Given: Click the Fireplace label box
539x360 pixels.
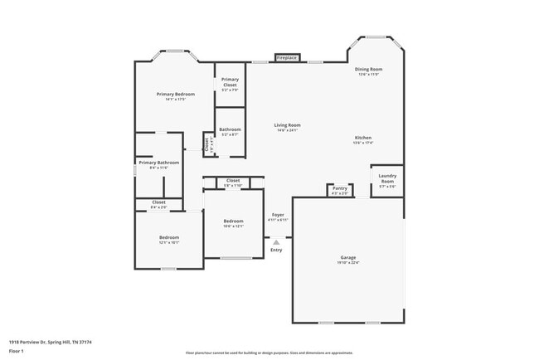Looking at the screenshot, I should [287, 58].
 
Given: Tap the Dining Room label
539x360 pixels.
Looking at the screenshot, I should [368, 70].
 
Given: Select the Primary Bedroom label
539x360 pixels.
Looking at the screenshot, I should [175, 95].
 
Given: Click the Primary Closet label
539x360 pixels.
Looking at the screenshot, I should [230, 82].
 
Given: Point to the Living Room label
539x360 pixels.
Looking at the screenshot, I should [287, 125].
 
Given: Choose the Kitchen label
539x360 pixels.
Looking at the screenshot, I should [363, 138].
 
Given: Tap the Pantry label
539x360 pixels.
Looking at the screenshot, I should [340, 188].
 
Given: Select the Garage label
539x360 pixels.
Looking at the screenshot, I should [348, 258].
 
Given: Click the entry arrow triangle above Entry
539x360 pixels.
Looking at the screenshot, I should [276, 242].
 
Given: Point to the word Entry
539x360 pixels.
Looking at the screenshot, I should [276, 250].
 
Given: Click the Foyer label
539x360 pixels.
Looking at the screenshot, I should [279, 215].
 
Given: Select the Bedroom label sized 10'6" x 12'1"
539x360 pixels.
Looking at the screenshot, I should [234, 221].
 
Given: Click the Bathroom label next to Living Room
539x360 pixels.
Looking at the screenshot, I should [230, 129].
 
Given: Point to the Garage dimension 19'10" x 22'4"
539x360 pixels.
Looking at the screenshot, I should [348, 263].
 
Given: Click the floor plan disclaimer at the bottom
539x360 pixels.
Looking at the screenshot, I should [269, 352].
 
